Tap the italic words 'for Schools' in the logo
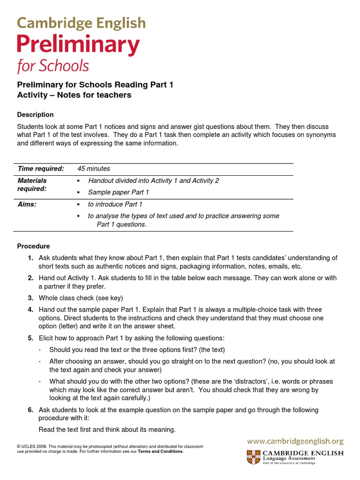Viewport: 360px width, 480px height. point(53,66)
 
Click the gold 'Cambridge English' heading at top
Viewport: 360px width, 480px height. point(82,22)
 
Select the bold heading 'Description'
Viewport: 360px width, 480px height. point(35,114)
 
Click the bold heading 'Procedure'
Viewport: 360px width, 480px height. point(33,246)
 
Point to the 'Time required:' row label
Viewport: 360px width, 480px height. point(40,169)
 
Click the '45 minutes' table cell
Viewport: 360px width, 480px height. point(94,169)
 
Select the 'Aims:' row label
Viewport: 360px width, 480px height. point(27,204)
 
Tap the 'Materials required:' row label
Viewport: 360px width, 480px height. point(32,184)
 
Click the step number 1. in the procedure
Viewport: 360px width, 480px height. point(30,258)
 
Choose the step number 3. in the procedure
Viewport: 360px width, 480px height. point(30,298)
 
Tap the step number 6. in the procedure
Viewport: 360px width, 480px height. point(30,410)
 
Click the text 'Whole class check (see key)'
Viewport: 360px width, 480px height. point(81,298)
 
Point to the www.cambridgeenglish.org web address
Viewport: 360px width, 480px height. point(295,441)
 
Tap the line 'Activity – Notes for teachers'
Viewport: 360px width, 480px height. point(74,95)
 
